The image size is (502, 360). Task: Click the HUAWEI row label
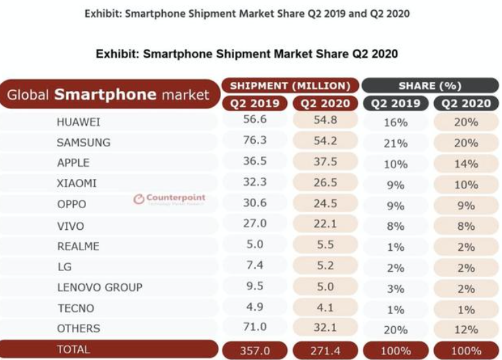click(x=79, y=122)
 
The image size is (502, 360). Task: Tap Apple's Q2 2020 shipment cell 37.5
click(x=326, y=162)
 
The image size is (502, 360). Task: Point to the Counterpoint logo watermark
click(x=169, y=199)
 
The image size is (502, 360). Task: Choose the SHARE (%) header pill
click(x=430, y=85)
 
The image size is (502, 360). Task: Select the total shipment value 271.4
click(x=326, y=351)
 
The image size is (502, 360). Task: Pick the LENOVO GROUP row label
click(x=100, y=287)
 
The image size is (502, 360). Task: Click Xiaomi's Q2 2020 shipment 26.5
click(x=326, y=182)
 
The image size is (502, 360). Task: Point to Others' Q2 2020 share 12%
click(x=466, y=329)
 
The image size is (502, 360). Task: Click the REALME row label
click(x=79, y=246)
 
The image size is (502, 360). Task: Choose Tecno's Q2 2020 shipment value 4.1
click(x=326, y=307)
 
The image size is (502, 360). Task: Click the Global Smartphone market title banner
click(x=109, y=95)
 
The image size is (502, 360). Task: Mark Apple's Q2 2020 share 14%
click(x=466, y=163)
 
